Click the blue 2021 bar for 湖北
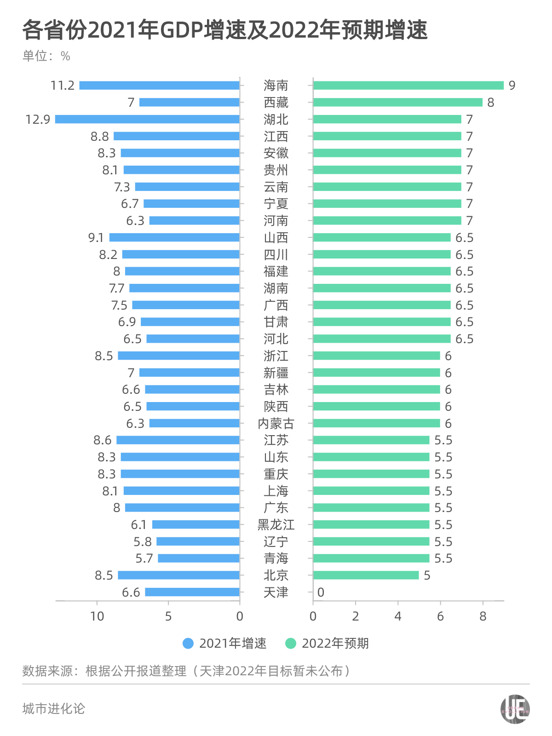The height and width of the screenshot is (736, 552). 147,119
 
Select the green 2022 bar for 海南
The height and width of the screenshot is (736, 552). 408,86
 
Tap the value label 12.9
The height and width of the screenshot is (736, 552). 38,120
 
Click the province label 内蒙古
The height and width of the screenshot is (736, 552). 276,423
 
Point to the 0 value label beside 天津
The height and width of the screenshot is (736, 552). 321,592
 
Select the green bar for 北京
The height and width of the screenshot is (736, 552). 366,575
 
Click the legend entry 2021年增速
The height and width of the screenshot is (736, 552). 225,644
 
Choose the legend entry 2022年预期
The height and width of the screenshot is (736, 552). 327,644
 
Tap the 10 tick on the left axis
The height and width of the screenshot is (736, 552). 97,616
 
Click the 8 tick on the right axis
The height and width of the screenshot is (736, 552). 483,616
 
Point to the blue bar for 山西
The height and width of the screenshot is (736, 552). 174,237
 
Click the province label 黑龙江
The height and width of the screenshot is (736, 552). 276,525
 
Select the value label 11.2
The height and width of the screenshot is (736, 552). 62,86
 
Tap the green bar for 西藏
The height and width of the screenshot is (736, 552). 398,102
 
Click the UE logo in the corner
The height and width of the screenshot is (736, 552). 515,709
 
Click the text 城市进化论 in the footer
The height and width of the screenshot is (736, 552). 54,709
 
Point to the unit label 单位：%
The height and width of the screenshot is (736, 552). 46,56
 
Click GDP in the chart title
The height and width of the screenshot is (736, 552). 181,30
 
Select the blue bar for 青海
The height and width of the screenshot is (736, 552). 198,558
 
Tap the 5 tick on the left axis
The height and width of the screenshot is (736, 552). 168,616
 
